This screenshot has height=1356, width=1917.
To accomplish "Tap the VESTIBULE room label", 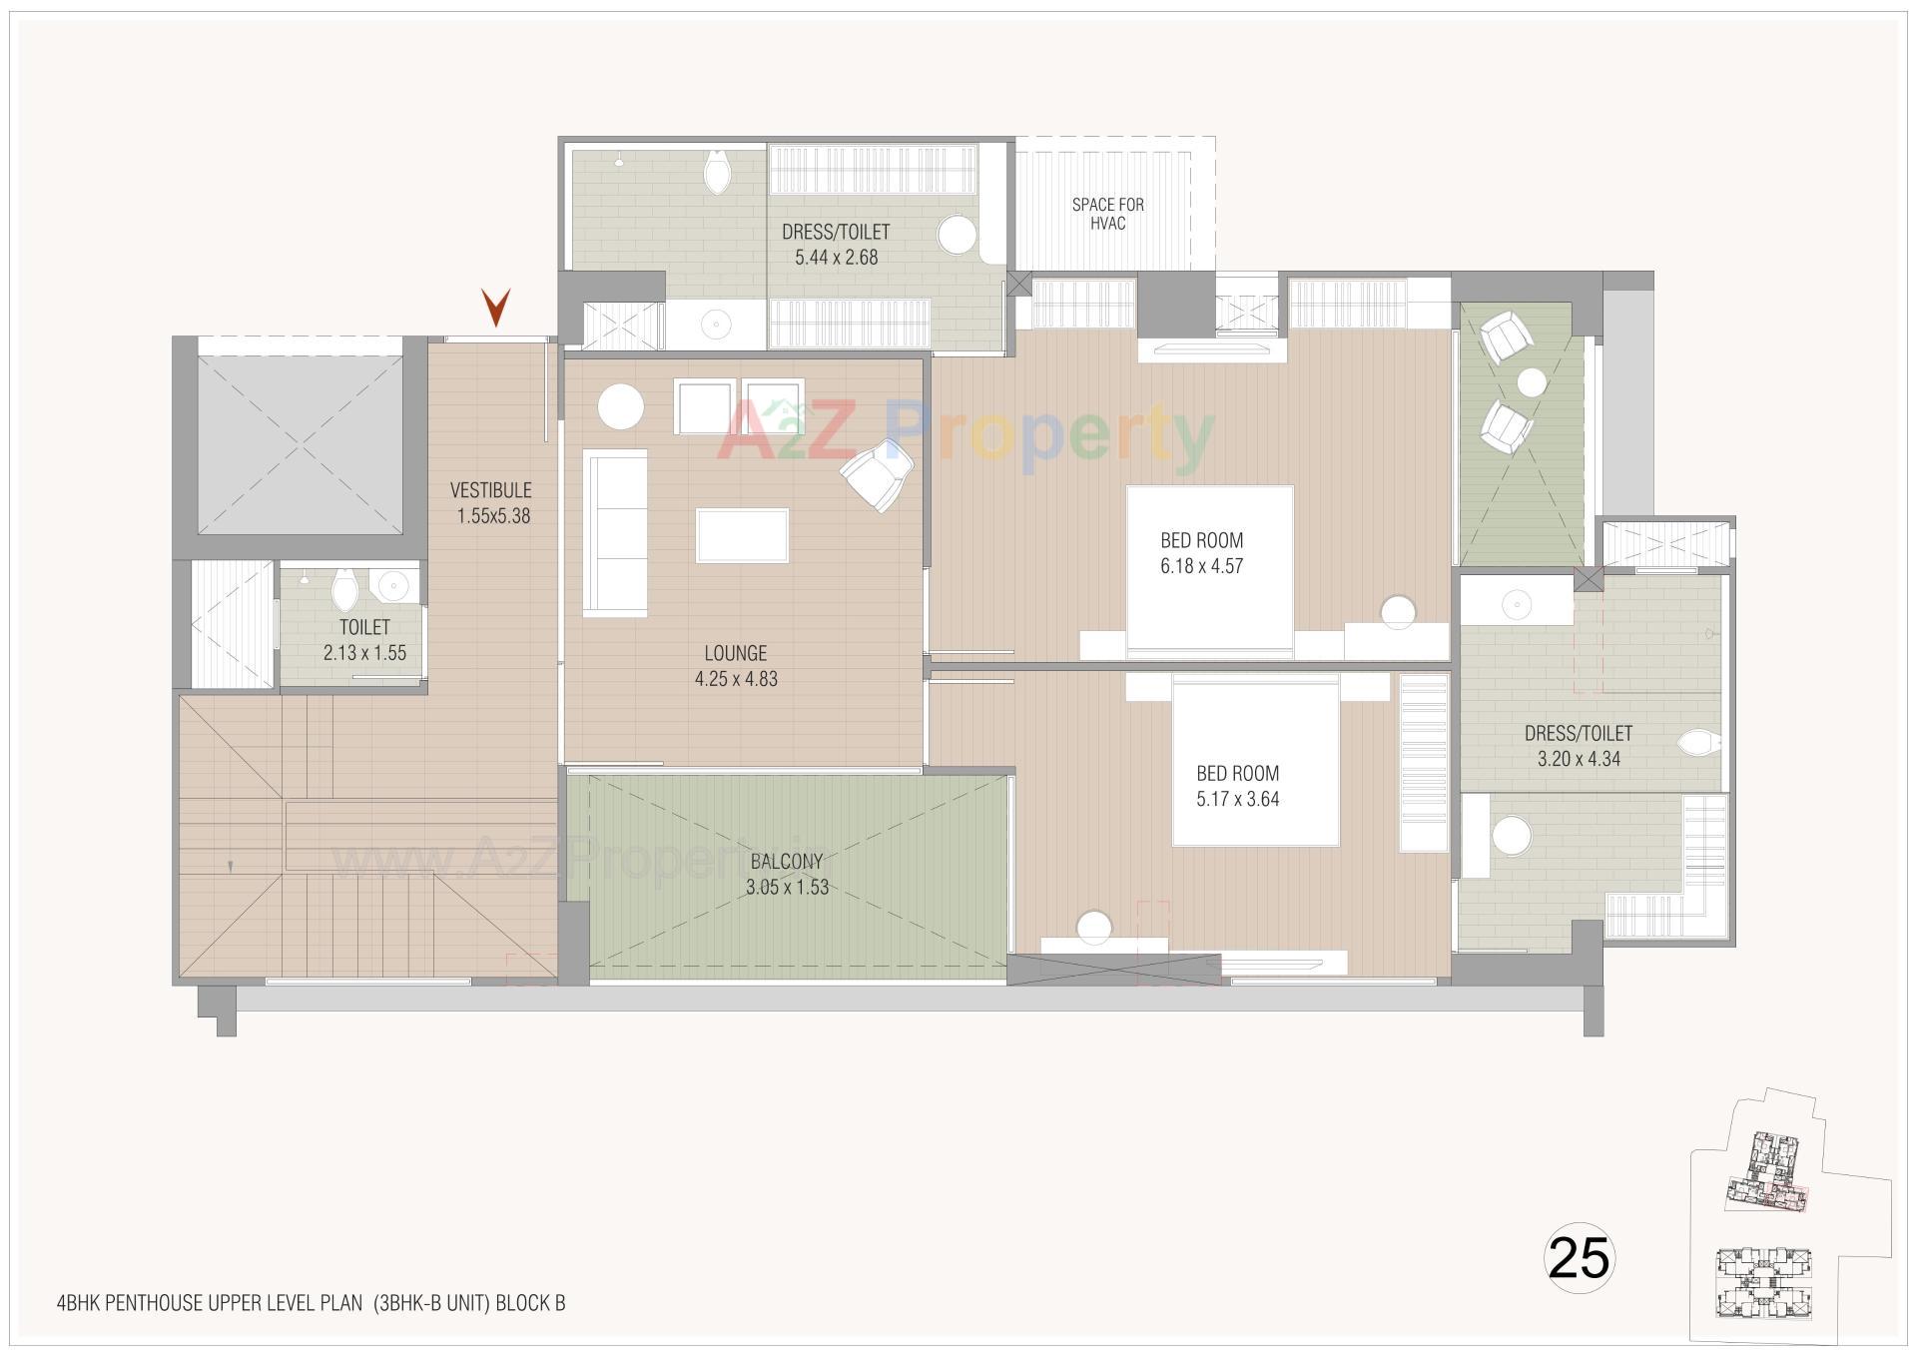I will [490, 490].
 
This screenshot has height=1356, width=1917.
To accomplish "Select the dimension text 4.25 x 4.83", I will [736, 679].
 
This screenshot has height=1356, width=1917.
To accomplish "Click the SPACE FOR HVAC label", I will [1107, 214].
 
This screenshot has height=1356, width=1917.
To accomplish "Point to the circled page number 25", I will [1580, 1257].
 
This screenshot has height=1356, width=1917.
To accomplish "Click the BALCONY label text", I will [787, 861].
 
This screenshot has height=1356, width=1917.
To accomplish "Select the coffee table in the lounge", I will [742, 535].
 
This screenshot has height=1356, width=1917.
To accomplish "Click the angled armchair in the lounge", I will [878, 475].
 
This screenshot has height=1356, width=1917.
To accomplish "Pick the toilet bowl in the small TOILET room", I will [344, 590].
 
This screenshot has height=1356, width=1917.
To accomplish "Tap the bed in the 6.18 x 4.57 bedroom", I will [1210, 571].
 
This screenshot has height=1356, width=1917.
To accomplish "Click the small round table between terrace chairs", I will [1531, 381].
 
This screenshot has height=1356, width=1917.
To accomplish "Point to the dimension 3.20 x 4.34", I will [1579, 759].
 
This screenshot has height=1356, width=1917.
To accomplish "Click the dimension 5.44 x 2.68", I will [836, 258].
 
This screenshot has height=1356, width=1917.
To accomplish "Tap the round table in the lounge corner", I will [621, 406].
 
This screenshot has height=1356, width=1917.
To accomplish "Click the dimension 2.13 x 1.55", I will [364, 654].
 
